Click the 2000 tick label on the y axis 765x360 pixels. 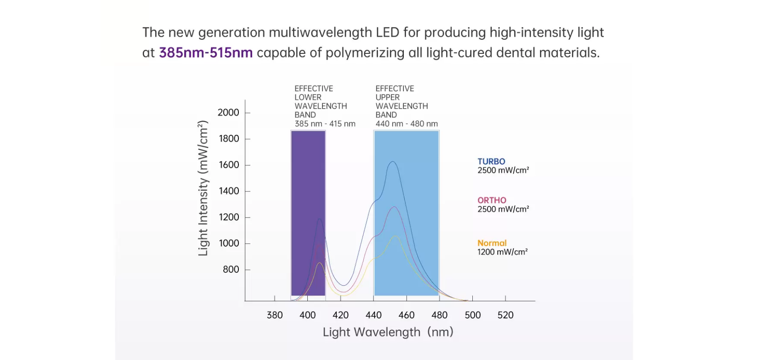(228, 113)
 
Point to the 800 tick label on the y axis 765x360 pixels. (231, 270)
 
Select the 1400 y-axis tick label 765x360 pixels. (229, 191)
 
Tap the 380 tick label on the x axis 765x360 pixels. (274, 315)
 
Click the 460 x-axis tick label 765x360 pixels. (407, 315)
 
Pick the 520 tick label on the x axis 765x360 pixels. (505, 315)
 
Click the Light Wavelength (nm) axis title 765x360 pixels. (388, 332)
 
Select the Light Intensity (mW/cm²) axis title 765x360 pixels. (203, 188)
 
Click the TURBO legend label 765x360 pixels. (491, 162)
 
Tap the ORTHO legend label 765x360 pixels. (491, 200)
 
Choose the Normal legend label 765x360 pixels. (492, 243)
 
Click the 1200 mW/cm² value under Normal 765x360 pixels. (502, 252)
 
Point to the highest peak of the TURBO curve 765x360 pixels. (392, 162)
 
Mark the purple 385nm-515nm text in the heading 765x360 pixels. (205, 53)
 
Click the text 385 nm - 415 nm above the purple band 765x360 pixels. (325, 124)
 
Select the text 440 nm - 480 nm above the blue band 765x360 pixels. (407, 124)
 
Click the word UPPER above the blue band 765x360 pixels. (387, 97)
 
